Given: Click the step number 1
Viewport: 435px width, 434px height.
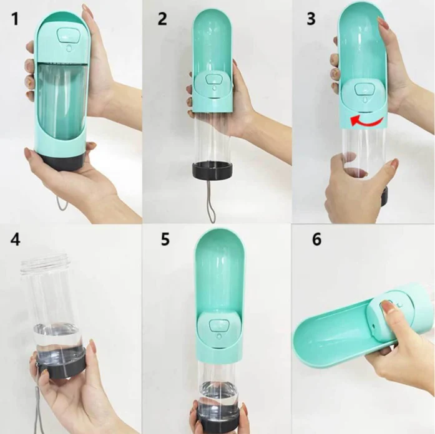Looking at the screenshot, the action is (16, 19).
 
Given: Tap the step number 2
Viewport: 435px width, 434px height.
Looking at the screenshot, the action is (162, 19).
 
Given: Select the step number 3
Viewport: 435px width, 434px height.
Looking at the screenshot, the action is (311, 19).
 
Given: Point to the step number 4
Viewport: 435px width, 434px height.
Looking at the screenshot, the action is (15, 239).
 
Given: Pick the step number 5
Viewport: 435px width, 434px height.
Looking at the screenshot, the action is (165, 239).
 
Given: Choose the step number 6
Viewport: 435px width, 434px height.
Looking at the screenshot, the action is (316, 239).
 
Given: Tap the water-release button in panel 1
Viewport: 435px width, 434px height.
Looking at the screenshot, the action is (67, 35).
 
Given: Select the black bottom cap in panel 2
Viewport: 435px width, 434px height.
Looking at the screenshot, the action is (212, 172).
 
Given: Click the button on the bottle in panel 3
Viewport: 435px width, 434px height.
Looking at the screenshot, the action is (363, 90).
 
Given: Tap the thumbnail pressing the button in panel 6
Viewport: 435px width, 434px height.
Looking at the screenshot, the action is (384, 307).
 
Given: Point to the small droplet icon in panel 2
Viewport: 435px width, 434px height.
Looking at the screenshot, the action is (214, 88).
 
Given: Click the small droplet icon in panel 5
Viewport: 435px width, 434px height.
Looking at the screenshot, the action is (219, 336).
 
